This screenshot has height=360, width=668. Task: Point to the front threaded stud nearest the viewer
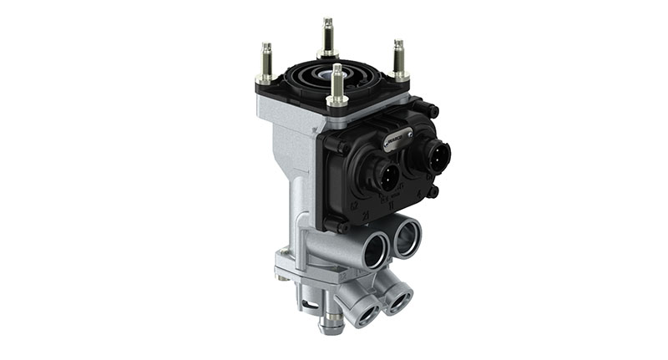(337, 84)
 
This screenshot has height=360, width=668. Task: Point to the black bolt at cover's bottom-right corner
(433, 191)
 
